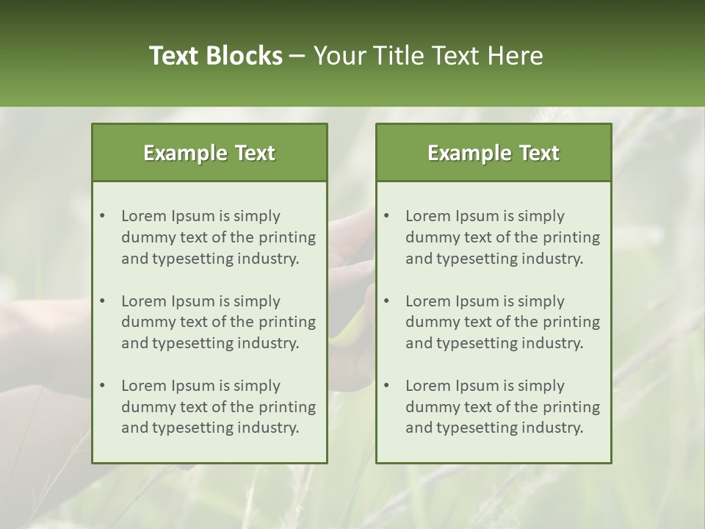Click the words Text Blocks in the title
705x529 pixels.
point(215,56)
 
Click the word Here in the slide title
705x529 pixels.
point(518,56)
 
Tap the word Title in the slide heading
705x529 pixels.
point(396,56)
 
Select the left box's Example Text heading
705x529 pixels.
point(209,153)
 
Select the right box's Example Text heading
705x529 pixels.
point(493,153)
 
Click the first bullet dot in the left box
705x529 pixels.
point(102,216)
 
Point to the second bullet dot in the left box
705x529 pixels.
point(102,301)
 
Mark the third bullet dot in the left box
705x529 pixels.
point(102,386)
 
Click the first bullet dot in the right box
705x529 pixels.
point(386,216)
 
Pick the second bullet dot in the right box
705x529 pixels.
point(386,301)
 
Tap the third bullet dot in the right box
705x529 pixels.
point(386,386)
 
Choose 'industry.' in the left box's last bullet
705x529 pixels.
point(269,428)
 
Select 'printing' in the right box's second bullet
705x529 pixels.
point(572,322)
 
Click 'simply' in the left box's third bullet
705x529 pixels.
point(256,386)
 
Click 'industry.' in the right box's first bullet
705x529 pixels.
point(553,259)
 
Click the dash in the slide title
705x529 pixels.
point(297,56)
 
